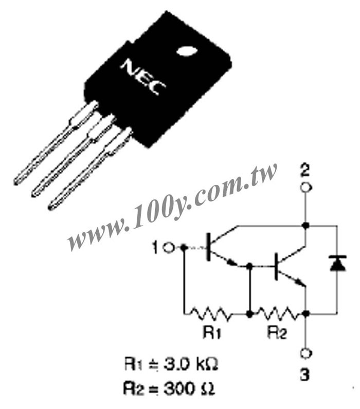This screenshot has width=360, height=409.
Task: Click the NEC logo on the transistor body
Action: (143, 77)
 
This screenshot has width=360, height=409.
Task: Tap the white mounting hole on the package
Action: (187, 51)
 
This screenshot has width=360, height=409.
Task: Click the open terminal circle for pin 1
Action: (169, 248)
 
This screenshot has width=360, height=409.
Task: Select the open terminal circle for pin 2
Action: (306, 187)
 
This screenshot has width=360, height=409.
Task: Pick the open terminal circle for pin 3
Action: (306, 353)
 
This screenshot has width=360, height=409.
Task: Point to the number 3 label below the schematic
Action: (304, 375)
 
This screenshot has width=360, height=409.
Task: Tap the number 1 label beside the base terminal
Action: (156, 248)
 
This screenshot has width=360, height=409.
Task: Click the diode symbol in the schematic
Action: (338, 263)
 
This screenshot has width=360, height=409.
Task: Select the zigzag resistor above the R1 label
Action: (210, 313)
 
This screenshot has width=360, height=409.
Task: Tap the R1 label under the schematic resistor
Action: (212, 332)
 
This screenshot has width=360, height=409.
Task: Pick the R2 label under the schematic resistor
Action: (277, 332)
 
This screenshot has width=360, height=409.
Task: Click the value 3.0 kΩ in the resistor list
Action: (191, 364)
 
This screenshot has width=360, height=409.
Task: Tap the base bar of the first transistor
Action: (208, 247)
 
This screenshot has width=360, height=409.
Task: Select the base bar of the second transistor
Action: (276, 267)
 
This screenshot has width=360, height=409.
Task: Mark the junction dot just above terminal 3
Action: (306, 313)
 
